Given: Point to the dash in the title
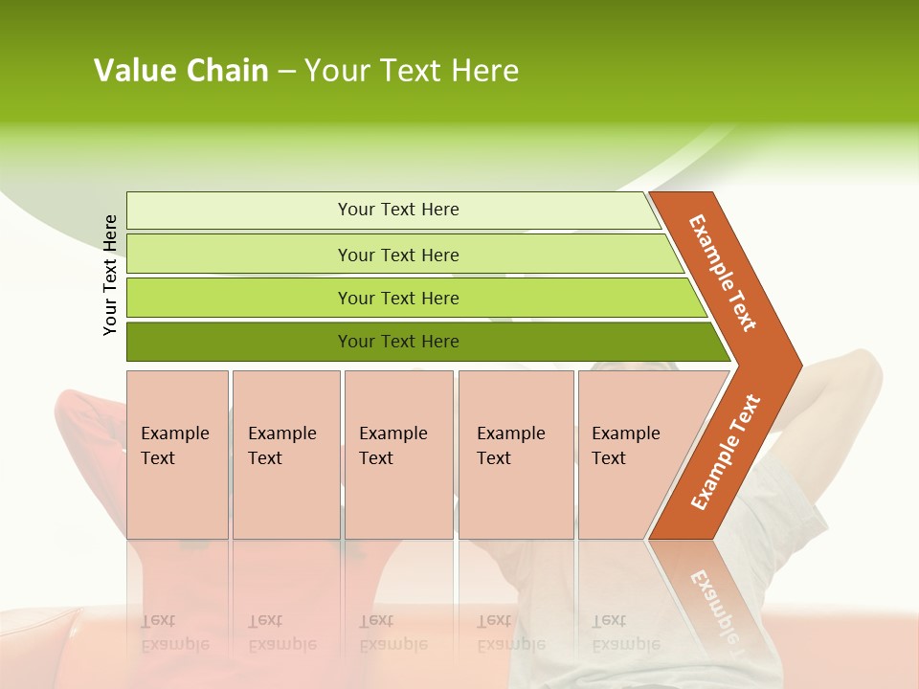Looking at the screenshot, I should click(286, 72).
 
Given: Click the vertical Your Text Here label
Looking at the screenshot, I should click(110, 275).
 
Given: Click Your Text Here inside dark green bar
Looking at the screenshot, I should click(398, 342).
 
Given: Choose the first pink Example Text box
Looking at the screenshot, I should click(177, 455).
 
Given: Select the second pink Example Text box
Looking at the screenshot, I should click(286, 455).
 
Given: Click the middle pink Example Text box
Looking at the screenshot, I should click(398, 455).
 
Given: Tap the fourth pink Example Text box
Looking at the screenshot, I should click(516, 455).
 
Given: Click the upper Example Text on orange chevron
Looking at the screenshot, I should click(723, 273).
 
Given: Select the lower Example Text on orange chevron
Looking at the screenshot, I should click(726, 452).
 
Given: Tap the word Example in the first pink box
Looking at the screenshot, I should click(174, 433).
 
